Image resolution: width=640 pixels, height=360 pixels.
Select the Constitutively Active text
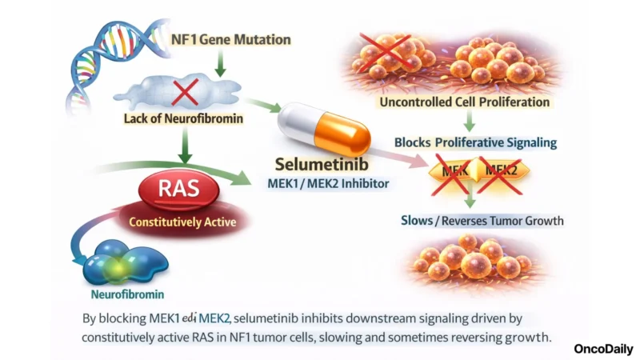click(x=174, y=222)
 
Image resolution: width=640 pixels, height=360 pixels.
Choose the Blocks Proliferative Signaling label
click(x=476, y=142)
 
